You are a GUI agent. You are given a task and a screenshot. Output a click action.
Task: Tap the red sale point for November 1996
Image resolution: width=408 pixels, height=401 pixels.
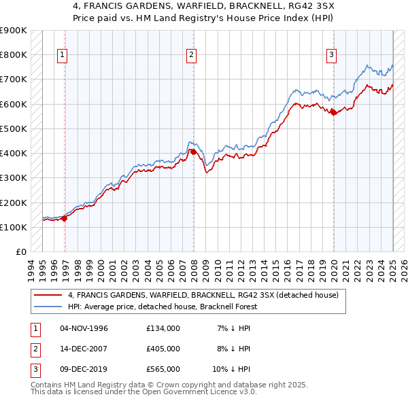[65, 218]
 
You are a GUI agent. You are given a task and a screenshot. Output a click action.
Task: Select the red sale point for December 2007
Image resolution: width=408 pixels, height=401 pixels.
[193, 152]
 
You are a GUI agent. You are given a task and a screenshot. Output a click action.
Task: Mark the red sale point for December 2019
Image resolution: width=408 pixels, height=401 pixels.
[333, 113]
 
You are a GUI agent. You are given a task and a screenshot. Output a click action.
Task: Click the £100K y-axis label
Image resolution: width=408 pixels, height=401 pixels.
[14, 227]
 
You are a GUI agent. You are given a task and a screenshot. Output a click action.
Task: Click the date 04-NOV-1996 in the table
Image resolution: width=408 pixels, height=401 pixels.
[84, 328]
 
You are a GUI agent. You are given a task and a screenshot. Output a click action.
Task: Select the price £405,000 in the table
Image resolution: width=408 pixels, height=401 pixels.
[163, 349]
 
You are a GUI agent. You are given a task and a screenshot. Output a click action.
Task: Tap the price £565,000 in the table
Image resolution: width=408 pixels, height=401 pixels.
[163, 369]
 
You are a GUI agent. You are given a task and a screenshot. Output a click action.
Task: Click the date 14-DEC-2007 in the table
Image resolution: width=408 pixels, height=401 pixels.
[84, 349]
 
